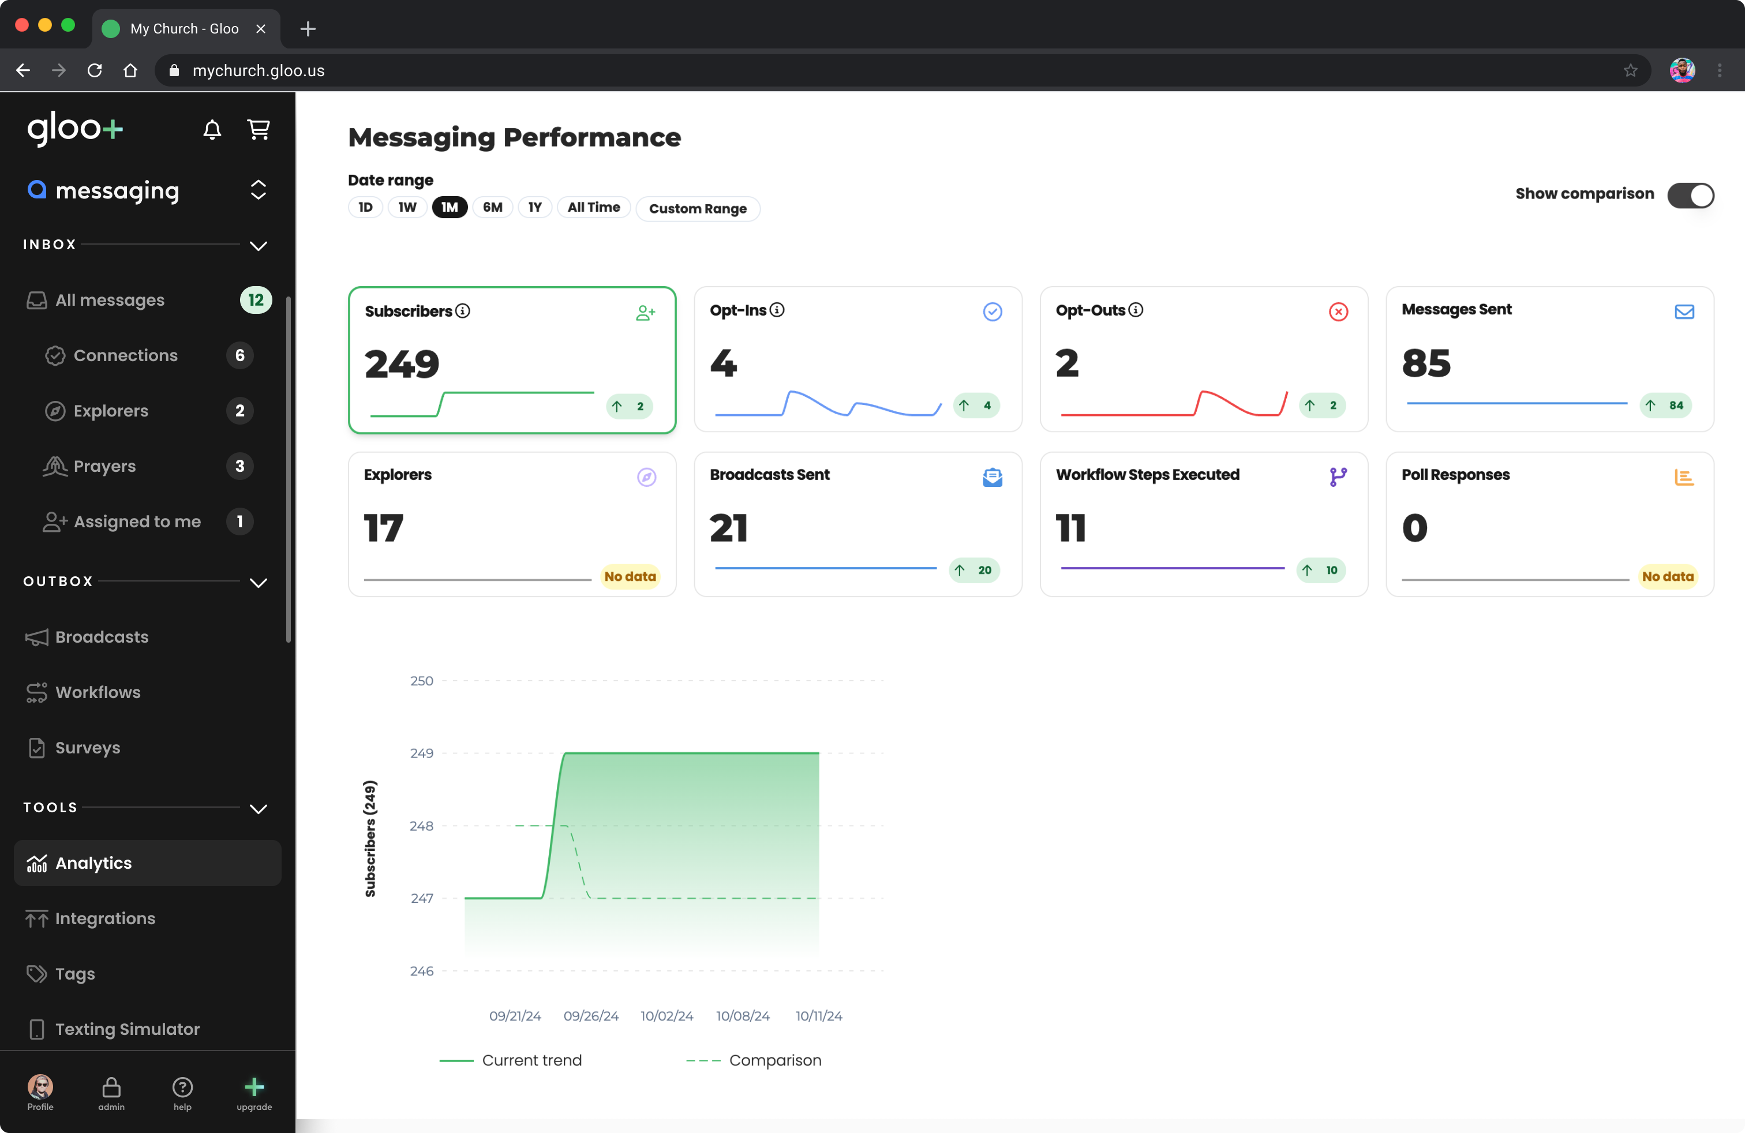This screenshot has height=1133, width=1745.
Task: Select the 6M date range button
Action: click(x=492, y=208)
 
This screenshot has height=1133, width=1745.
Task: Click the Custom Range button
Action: click(x=697, y=209)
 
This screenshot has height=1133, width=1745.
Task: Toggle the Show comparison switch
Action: click(x=1690, y=195)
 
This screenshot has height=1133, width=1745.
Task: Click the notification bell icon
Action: click(x=212, y=130)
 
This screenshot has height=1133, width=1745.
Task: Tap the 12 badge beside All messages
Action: click(x=255, y=300)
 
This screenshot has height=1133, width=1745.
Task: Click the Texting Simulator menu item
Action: click(x=127, y=1029)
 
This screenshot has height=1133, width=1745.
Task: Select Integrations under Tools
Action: click(x=105, y=918)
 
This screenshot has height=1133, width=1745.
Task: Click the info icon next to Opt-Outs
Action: click(x=1136, y=310)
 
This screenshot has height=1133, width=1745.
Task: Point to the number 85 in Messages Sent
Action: click(x=1426, y=363)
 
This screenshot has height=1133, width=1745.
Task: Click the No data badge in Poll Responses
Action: click(x=1667, y=577)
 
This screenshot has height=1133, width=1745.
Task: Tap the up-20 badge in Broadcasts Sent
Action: click(x=975, y=570)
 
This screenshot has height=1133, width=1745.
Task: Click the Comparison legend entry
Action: click(x=774, y=1060)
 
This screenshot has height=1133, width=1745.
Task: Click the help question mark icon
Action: click(x=182, y=1087)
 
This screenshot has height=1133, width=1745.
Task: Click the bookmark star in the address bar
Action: click(x=1630, y=70)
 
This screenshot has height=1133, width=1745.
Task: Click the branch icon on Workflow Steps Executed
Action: click(x=1338, y=477)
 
